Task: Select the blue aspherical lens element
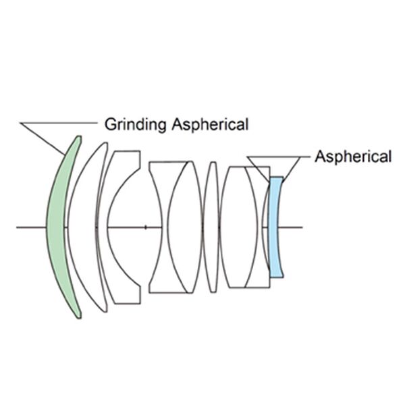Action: click(275, 226)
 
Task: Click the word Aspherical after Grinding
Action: click(210, 124)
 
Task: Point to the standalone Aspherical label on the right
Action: click(352, 157)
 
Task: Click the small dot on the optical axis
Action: click(145, 227)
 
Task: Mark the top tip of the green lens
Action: click(78, 137)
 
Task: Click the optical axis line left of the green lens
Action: click(30, 227)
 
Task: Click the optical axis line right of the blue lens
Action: click(294, 227)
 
